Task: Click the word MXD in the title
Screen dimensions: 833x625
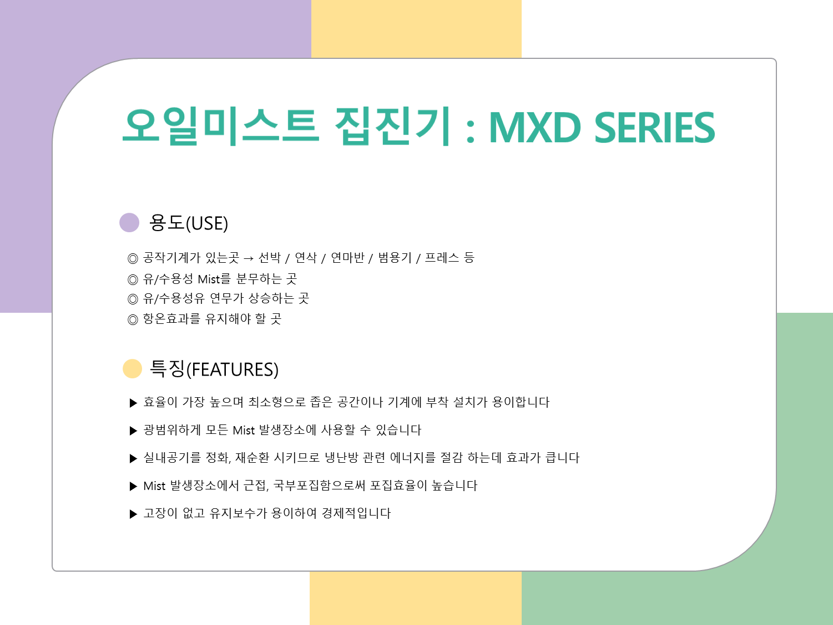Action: [535, 128]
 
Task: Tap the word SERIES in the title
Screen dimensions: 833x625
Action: [655, 128]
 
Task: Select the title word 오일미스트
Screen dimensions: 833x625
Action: [220, 126]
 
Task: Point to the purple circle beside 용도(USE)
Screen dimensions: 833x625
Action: [129, 223]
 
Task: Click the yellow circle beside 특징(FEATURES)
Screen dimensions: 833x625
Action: [133, 369]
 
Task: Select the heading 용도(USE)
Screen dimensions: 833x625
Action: [189, 223]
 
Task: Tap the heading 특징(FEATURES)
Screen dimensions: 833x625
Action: [214, 369]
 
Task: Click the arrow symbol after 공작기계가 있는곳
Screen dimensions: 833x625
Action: [249, 259]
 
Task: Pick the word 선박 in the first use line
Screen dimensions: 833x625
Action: [270, 258]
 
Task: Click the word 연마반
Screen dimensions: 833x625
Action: [347, 258]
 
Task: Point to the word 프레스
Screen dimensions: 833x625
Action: [442, 258]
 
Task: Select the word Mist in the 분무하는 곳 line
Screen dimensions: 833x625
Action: [209, 279]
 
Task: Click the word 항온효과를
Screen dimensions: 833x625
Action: [171, 318]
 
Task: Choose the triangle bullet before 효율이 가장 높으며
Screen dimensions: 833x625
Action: [133, 403]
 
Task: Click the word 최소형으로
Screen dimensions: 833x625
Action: [277, 402]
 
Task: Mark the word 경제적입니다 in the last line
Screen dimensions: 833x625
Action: [356, 513]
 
